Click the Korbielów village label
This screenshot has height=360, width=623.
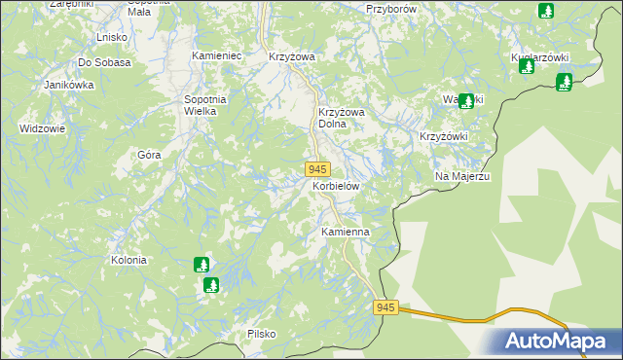336,185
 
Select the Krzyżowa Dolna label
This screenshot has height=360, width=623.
341,118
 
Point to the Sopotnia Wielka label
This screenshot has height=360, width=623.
205,105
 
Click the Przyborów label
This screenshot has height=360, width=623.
391,8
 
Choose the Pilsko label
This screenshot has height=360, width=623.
262,334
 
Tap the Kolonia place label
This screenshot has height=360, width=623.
128,260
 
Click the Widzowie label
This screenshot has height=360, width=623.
42,128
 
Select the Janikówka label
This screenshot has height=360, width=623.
68,85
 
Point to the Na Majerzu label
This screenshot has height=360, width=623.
461,175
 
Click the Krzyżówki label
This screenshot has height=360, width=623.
444,136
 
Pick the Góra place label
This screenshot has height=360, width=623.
149,155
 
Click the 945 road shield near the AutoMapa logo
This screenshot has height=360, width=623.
386,307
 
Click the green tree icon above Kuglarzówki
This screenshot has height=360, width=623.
546,11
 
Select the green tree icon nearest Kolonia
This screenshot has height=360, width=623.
202,264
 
